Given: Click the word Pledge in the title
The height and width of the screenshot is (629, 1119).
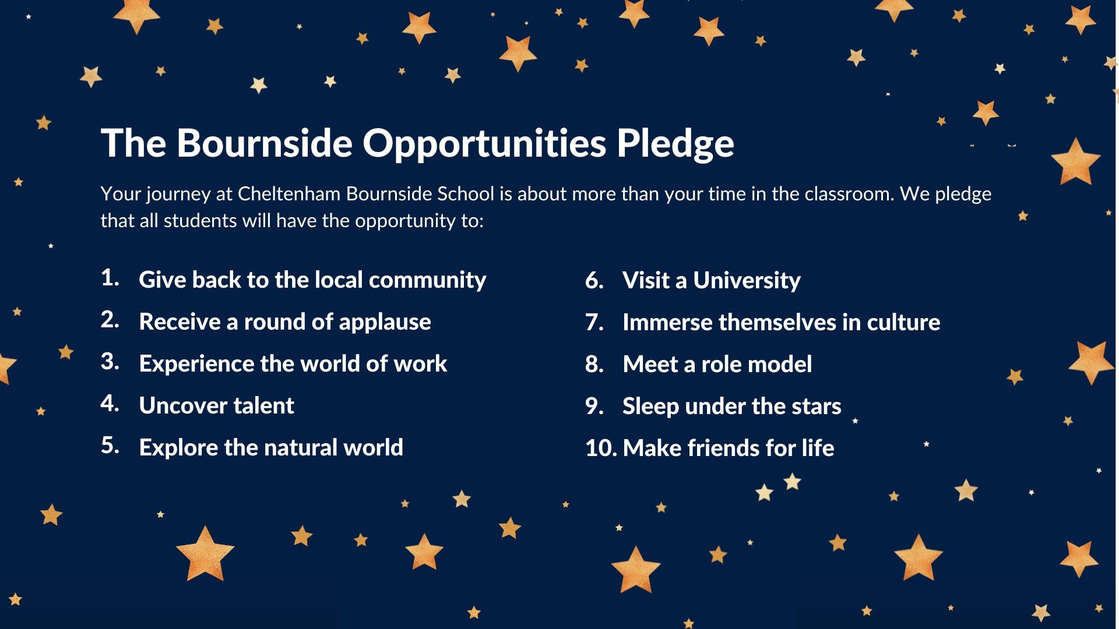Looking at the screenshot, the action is pyautogui.click(x=675, y=144).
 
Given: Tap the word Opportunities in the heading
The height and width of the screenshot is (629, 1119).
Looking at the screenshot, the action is pyautogui.click(x=485, y=144).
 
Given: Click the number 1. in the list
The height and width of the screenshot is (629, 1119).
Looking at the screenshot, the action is pyautogui.click(x=110, y=277).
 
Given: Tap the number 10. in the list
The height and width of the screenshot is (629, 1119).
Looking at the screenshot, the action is pyautogui.click(x=601, y=448).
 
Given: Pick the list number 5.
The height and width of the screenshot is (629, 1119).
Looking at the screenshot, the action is pyautogui.click(x=110, y=445).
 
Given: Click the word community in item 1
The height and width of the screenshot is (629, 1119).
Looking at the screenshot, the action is pyautogui.click(x=428, y=281).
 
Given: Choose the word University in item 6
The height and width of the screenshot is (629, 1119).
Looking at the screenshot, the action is pyautogui.click(x=747, y=281).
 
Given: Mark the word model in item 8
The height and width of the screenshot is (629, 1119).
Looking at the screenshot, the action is pyautogui.click(x=784, y=364).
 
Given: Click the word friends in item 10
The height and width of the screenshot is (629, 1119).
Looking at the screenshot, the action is pyautogui.click(x=724, y=448).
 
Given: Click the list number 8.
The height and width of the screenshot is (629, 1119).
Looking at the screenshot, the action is pyautogui.click(x=594, y=364).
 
